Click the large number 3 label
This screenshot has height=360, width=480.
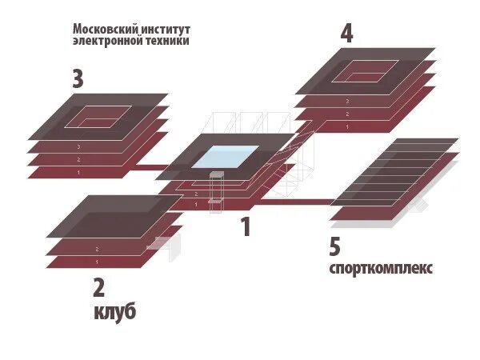tap(78, 80)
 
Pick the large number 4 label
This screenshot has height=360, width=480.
tap(346, 34)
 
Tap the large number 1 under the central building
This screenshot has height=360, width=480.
tap(246, 227)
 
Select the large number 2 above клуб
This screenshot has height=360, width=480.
tap(98, 286)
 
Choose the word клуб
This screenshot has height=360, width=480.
tap(112, 311)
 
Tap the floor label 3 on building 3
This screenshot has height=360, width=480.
tap(78, 147)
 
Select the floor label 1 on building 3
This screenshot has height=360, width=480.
tap(78, 173)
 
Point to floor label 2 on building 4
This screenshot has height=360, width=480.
tap(346, 114)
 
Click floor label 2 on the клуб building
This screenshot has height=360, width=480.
tap(97, 249)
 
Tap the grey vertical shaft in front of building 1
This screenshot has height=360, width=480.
tap(214, 190)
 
